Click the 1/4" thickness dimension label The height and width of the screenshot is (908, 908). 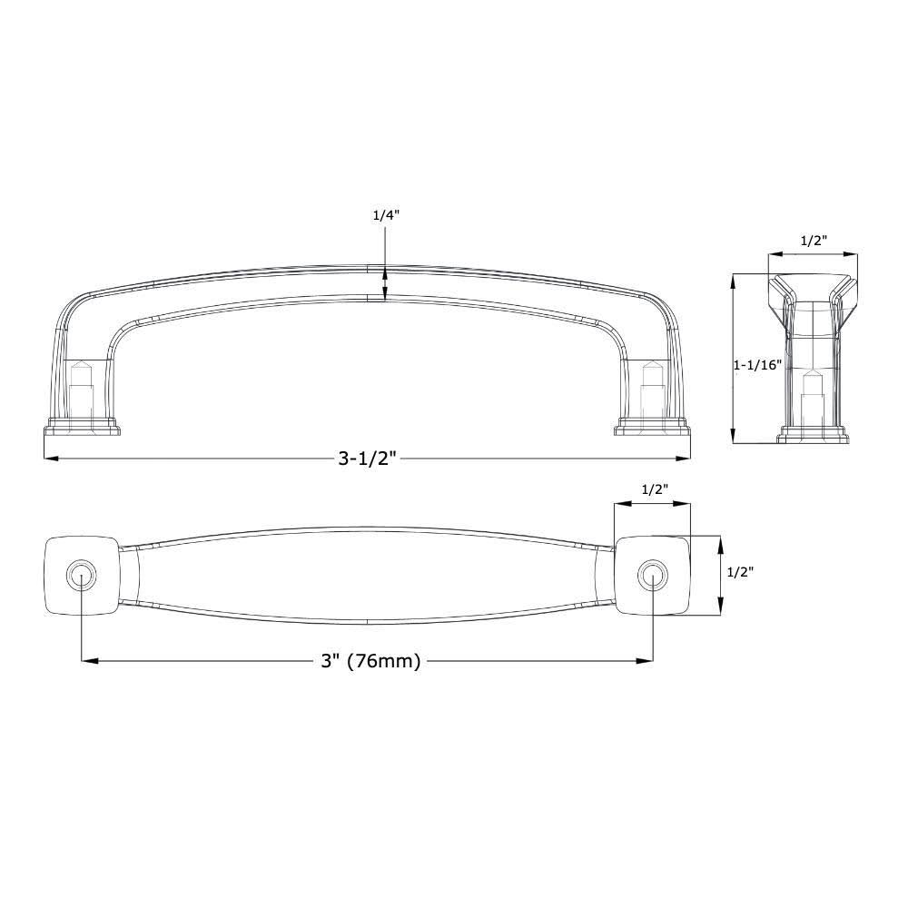(386, 215)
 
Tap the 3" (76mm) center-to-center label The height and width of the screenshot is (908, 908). (370, 662)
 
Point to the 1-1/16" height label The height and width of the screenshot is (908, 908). (757, 365)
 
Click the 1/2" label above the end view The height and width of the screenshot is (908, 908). (813, 242)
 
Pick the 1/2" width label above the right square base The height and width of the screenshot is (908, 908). (655, 489)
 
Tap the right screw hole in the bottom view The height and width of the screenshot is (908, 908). (652, 574)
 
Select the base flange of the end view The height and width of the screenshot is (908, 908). (813, 437)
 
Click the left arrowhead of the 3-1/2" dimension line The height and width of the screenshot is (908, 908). (49, 459)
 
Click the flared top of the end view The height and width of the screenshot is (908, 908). (813, 286)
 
